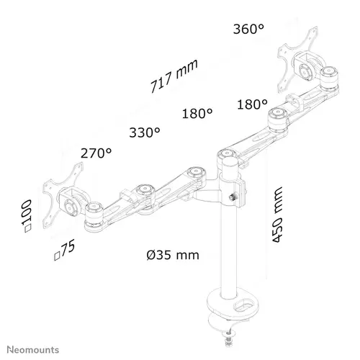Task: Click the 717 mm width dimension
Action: click(174, 76)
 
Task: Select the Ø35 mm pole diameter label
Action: click(173, 255)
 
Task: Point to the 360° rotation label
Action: click(248, 29)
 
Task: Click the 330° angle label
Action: click(145, 132)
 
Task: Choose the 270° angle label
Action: click(96, 153)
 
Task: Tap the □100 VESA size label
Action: click(27, 216)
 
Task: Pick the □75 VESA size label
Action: click(64, 250)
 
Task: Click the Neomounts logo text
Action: click(33, 350)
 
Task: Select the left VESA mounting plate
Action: click(63, 196)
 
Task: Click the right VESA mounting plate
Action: click(297, 60)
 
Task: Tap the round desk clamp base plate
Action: click(233, 302)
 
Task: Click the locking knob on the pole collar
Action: click(232, 198)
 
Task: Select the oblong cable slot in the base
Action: click(243, 305)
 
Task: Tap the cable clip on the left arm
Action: click(127, 196)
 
